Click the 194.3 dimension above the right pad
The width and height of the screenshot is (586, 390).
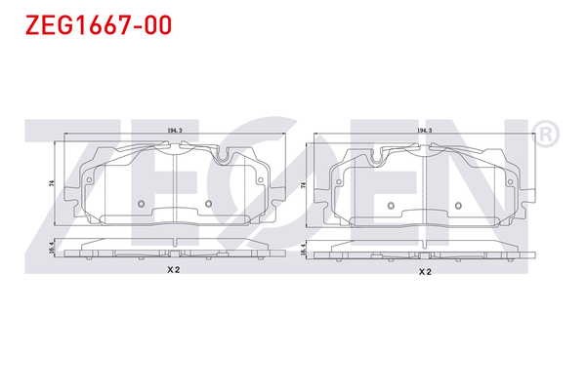424,130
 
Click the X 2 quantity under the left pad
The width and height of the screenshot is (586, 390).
174,271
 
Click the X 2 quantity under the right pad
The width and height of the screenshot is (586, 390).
424,272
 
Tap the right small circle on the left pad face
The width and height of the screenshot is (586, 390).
209,204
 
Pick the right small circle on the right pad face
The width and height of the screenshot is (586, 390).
458,206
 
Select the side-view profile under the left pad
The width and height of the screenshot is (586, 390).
174,253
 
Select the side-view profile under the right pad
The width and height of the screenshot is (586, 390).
424,253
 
